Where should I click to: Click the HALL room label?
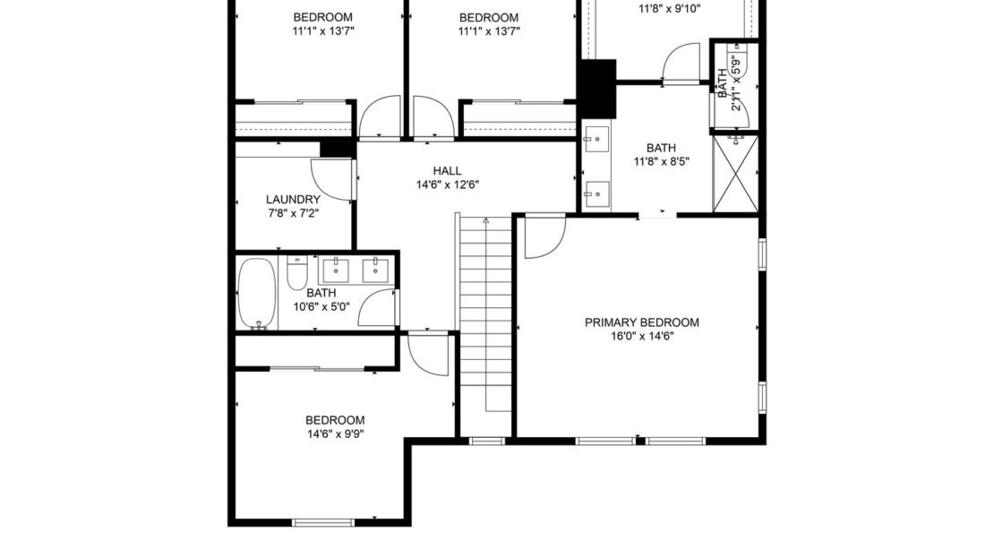coord(447,171)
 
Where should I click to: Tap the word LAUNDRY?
coord(293,200)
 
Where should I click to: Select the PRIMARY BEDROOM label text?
coord(641,322)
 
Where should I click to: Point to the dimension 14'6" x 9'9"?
coord(335,434)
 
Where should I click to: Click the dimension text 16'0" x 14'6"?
coord(641,337)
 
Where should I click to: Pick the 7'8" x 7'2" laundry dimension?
coord(293,213)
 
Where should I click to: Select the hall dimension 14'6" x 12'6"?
coord(447,185)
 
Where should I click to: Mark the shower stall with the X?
coord(735,172)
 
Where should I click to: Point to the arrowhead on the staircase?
coord(485,219)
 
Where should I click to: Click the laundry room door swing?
coord(331,179)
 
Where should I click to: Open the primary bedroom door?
coord(541,236)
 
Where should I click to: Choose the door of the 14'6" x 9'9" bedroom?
coord(428,352)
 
